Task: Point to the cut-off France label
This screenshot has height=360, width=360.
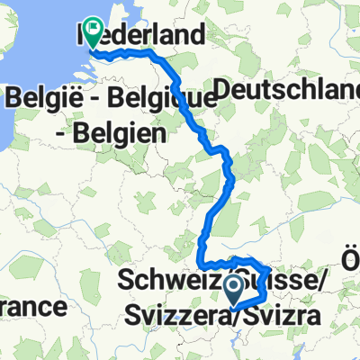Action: [32, 308]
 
